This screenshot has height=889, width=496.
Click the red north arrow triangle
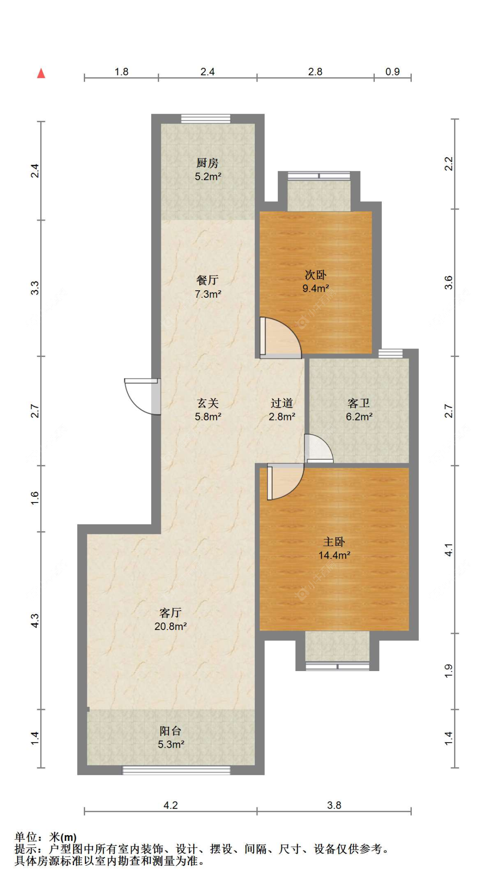pyautogui.click(x=41, y=73)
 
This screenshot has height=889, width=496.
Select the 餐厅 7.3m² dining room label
pyautogui.click(x=208, y=287)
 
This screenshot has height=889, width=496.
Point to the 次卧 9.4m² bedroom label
pyautogui.click(x=316, y=281)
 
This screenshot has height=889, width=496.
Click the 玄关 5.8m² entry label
pyautogui.click(x=208, y=409)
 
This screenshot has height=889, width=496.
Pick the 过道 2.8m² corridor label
pyautogui.click(x=282, y=409)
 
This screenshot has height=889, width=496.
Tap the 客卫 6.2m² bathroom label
pyautogui.click(x=359, y=409)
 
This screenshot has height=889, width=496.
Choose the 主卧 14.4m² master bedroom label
pyautogui.click(x=334, y=548)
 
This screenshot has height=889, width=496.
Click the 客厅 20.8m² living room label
pyautogui.click(x=171, y=619)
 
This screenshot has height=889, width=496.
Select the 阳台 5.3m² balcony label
pyautogui.click(x=171, y=737)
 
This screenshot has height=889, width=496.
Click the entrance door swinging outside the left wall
pyautogui.click(x=142, y=396)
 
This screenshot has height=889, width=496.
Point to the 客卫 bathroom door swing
pyautogui.click(x=318, y=449)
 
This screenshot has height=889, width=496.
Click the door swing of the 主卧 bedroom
pyautogui.click(x=285, y=482)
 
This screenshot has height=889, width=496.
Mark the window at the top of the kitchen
pyautogui.click(x=206, y=118)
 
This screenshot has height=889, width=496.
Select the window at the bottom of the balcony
pyautogui.click(x=176, y=770)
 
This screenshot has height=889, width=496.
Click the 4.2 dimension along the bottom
pyautogui.click(x=171, y=805)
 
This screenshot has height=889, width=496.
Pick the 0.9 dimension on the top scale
pyautogui.click(x=392, y=71)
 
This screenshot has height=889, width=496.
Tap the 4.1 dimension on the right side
pyautogui.click(x=448, y=550)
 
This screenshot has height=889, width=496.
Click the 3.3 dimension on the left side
pyautogui.click(x=35, y=288)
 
